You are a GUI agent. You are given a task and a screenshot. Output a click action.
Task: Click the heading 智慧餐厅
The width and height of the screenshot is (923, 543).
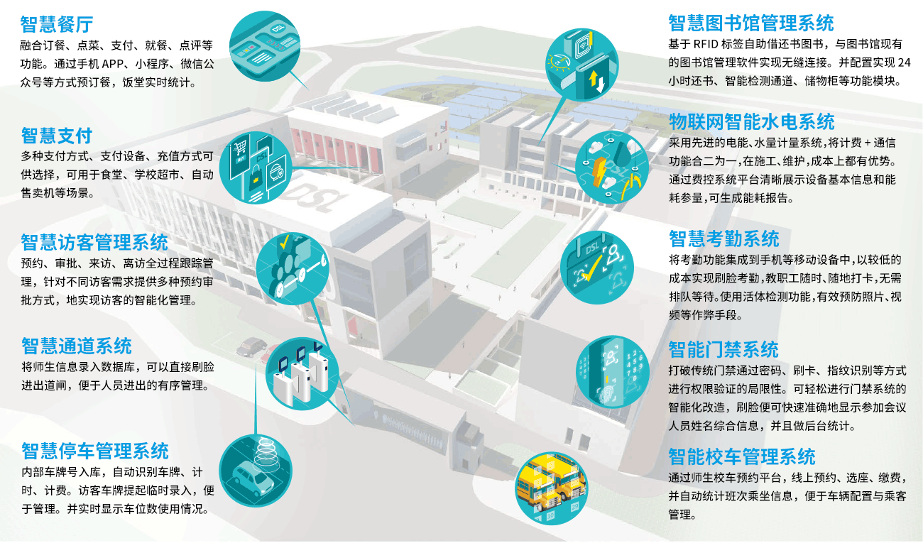point(57,24)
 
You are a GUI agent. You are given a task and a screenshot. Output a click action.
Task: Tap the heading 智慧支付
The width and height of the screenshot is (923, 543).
point(57,136)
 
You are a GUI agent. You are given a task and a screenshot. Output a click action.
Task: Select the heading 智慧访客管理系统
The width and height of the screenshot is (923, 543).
point(94,242)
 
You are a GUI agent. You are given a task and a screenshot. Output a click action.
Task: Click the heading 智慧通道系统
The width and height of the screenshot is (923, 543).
point(76,346)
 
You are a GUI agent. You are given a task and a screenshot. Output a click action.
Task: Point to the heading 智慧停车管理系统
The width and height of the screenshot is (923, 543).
point(94,451)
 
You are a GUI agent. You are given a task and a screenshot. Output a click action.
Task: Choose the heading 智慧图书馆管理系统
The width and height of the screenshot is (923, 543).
point(750,23)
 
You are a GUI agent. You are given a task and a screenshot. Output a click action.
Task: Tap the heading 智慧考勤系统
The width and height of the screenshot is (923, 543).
point(724,238)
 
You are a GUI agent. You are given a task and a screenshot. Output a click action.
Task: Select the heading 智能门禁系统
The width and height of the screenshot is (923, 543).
point(723,349)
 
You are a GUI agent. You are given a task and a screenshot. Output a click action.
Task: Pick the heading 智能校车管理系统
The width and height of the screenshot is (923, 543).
point(742,456)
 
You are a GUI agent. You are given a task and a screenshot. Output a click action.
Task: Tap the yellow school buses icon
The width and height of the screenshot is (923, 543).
point(552,488)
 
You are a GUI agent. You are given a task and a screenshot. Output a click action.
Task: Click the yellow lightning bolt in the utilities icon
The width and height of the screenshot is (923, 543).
point(599,172)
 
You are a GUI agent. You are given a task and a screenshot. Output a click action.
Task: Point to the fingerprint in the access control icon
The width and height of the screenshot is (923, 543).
point(608,394)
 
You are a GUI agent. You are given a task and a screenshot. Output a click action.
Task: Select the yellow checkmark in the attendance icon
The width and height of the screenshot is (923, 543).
point(591,268)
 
